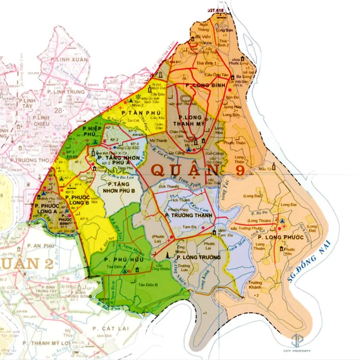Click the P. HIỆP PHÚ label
click(90, 131)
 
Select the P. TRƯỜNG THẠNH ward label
click(189, 215)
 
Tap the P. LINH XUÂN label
click(69, 59)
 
